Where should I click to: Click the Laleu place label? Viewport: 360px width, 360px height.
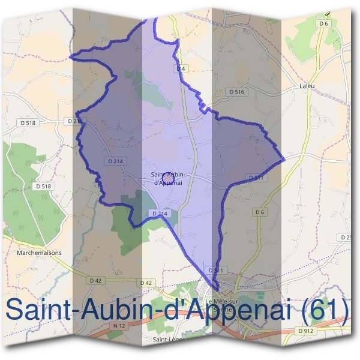click(x=307, y=86)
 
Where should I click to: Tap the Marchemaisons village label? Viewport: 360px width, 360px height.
click(x=39, y=253)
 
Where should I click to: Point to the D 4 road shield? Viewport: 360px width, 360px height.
click(x=181, y=69)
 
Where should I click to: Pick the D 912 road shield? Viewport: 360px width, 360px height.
click(x=305, y=331)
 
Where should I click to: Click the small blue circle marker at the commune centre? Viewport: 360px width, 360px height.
click(x=168, y=176)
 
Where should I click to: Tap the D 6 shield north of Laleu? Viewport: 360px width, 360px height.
click(x=324, y=23)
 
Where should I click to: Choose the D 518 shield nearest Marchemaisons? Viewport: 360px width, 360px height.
click(x=44, y=186)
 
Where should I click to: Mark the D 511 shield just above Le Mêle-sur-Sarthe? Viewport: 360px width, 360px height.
click(x=218, y=271)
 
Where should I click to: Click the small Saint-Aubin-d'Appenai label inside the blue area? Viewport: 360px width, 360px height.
click(x=168, y=179)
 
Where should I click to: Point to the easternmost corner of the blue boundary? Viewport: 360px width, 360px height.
click(x=283, y=160)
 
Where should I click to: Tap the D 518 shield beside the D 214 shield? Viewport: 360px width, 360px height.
click(x=28, y=122)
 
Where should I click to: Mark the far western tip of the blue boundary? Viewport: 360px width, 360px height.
click(x=71, y=58)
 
